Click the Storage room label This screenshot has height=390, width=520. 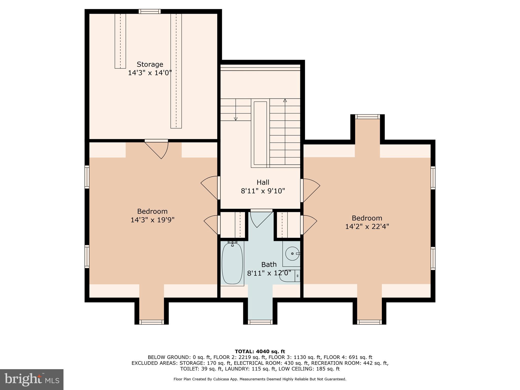coord(150,64)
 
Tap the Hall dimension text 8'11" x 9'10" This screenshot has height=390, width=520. coord(263,191)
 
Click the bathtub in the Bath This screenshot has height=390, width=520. coord(232,264)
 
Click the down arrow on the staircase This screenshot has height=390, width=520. coord(236,118)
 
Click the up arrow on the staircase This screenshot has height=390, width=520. coord(285,101)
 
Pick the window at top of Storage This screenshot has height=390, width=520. coord(150,11)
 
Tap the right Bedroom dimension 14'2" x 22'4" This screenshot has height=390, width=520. coord(367,226)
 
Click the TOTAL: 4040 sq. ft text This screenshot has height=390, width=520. coord(260,351)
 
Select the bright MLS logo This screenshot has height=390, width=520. coord(31,380)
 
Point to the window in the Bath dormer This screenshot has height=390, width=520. coord(260,322)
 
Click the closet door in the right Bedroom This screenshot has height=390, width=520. coord(308,225)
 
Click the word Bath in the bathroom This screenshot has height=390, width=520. coord(269,265)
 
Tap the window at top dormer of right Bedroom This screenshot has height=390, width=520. coord(367,117)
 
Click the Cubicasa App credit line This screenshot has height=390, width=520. coord(260,379)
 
